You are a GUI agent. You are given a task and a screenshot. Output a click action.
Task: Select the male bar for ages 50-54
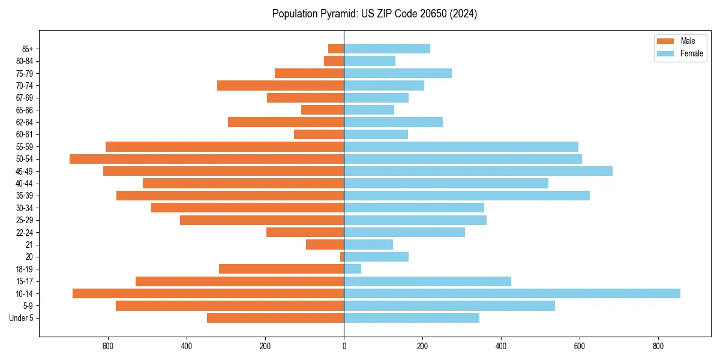pyautogui.click(x=206, y=159)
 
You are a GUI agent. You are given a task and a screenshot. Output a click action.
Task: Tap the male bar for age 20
pyautogui.click(x=342, y=257)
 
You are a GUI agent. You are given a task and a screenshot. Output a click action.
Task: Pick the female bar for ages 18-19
pyautogui.click(x=353, y=269)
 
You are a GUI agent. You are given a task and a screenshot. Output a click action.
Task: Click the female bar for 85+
pyautogui.click(x=387, y=49)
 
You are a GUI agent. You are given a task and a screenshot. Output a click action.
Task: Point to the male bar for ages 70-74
pyautogui.click(x=280, y=85)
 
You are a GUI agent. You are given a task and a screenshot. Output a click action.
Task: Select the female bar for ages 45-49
pyautogui.click(x=478, y=171)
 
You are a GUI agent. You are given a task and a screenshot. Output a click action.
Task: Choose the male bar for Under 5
pyautogui.click(x=275, y=318)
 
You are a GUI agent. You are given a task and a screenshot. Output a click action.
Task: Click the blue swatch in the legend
pyautogui.click(x=666, y=53)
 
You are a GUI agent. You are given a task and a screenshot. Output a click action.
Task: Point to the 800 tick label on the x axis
pyautogui.click(x=658, y=346)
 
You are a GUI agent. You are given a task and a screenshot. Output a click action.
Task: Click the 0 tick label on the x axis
pyautogui.click(x=344, y=346)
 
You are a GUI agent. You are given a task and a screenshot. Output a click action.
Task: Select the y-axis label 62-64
pyautogui.click(x=25, y=122)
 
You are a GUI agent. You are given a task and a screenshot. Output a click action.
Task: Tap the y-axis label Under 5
pyautogui.click(x=22, y=318)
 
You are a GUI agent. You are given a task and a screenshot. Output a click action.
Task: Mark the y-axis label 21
pyautogui.click(x=29, y=245)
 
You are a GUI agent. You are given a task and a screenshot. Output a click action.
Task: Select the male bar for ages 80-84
pyautogui.click(x=334, y=61)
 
